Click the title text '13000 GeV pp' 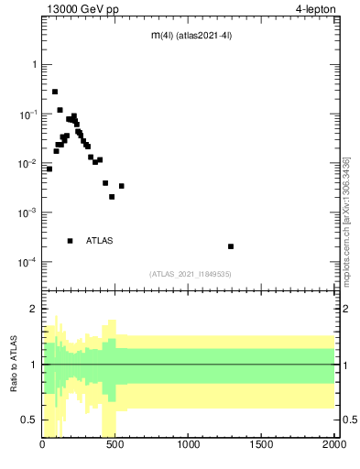pos(80,10)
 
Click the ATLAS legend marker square pos(70,241)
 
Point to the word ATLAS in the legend pos(100,241)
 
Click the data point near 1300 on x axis pos(231,246)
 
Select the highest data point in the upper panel pos(55,92)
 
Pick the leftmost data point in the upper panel pos(49,169)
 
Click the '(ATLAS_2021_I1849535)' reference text pos(191,274)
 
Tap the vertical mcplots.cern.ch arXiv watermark pos(345,220)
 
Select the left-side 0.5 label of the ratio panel pos(27,420)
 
